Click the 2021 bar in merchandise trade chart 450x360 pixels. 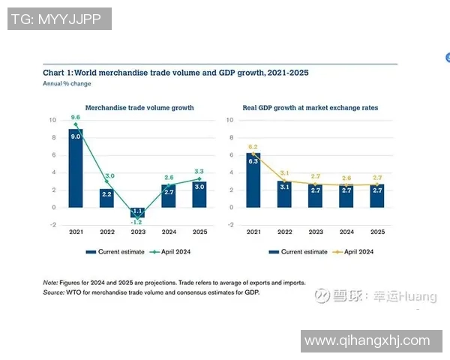click(76, 169)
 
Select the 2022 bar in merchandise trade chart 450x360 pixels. click(106, 198)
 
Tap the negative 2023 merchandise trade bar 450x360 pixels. click(137, 213)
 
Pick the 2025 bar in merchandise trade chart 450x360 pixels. click(199, 194)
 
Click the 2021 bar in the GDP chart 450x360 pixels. click(253, 180)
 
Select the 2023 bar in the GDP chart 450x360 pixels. click(316, 196)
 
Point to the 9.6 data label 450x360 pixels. click(76, 118)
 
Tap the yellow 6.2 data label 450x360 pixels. click(253, 147)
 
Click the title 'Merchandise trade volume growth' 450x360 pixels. click(139, 108)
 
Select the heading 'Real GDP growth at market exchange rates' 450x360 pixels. click(310, 108)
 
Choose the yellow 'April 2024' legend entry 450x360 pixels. click(356, 252)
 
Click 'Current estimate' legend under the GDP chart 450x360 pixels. click(300, 252)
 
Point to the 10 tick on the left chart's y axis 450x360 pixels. click(52, 120)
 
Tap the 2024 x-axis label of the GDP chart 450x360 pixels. click(346, 233)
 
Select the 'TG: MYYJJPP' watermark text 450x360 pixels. click(60, 19)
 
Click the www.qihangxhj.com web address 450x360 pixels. click(367, 341)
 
